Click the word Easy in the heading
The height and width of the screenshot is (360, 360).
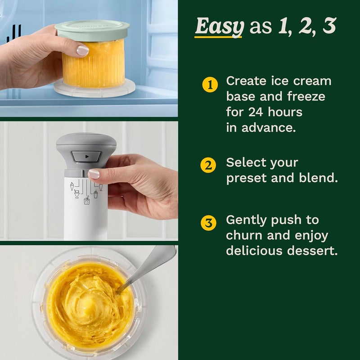pos(219,27)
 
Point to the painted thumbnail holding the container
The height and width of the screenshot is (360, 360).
pos(82,50)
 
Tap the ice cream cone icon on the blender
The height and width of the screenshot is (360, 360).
pos(73,186)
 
